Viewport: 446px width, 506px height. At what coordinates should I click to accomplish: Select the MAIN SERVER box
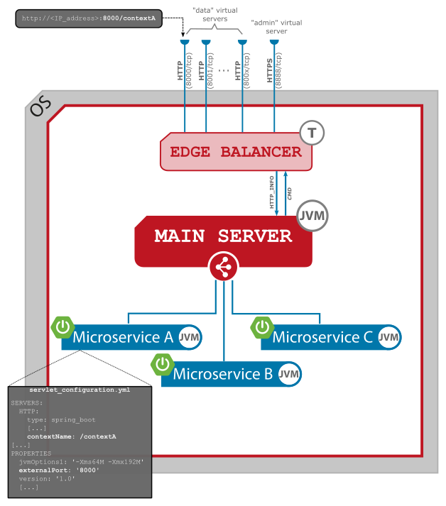tap(223, 236)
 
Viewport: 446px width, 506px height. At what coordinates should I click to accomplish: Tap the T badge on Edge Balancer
tap(312, 132)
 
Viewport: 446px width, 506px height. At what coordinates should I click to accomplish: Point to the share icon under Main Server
tap(223, 267)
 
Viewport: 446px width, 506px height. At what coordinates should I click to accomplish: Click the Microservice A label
tap(122, 337)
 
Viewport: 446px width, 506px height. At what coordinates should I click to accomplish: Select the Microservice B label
tap(223, 374)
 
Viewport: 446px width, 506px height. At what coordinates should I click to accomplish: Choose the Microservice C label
tap(322, 337)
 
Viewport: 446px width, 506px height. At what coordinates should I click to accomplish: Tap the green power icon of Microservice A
tap(63, 327)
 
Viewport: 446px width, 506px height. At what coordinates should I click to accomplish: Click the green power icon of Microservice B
tap(163, 364)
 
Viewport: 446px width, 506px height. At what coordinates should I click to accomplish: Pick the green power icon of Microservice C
tap(263, 327)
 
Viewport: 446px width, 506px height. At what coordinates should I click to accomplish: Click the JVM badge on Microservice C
tap(388, 337)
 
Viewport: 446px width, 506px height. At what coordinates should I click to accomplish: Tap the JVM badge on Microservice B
tap(288, 374)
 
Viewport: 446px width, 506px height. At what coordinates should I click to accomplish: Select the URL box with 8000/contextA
tap(89, 18)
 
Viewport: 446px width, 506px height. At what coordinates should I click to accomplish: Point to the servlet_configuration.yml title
tap(80, 390)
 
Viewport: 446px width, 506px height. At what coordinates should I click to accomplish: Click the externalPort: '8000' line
tap(59, 470)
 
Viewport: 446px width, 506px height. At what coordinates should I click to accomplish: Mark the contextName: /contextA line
tap(67, 436)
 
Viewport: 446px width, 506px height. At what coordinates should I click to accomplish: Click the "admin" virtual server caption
tap(277, 27)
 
